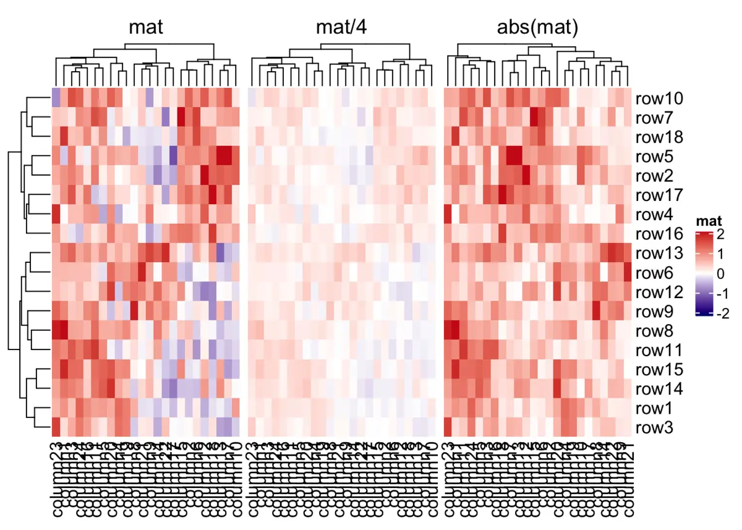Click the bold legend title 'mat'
[709, 221]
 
